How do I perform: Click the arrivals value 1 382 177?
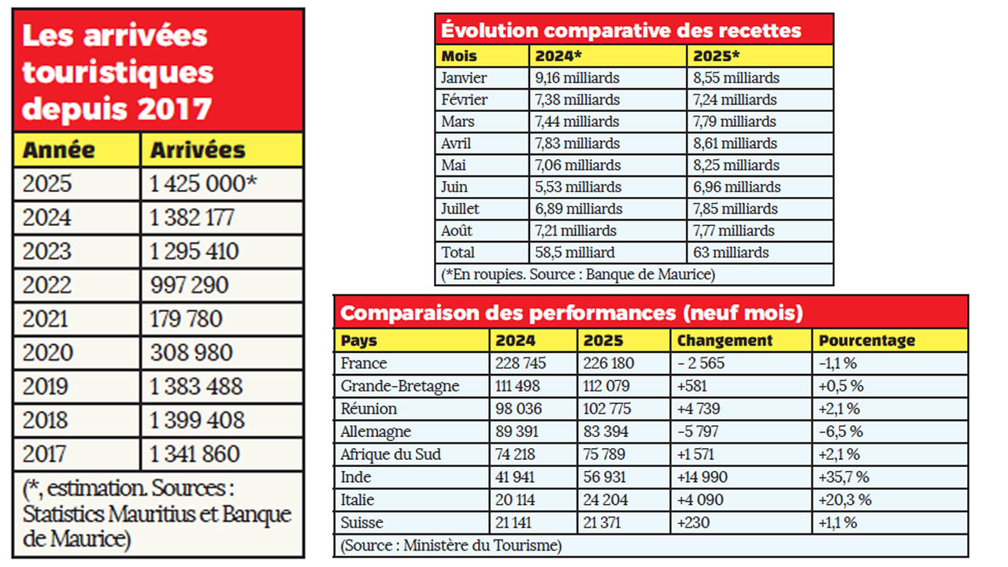click(x=191, y=217)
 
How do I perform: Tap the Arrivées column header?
click(x=198, y=150)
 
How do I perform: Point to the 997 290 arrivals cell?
click(x=190, y=285)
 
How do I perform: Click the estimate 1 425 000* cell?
click(x=204, y=183)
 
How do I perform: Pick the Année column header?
click(x=59, y=150)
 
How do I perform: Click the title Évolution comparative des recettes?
click(x=621, y=31)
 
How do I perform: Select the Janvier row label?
click(x=464, y=78)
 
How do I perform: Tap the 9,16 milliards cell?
click(x=577, y=78)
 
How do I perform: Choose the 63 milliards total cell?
click(x=731, y=253)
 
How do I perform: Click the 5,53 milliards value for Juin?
click(x=578, y=187)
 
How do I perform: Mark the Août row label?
click(x=459, y=231)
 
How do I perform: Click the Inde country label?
click(x=356, y=476)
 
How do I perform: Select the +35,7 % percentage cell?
click(x=844, y=476)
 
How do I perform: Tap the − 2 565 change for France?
click(x=701, y=364)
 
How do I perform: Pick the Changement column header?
click(x=724, y=340)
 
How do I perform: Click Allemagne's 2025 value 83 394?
click(x=608, y=432)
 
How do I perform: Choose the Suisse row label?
click(x=361, y=522)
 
